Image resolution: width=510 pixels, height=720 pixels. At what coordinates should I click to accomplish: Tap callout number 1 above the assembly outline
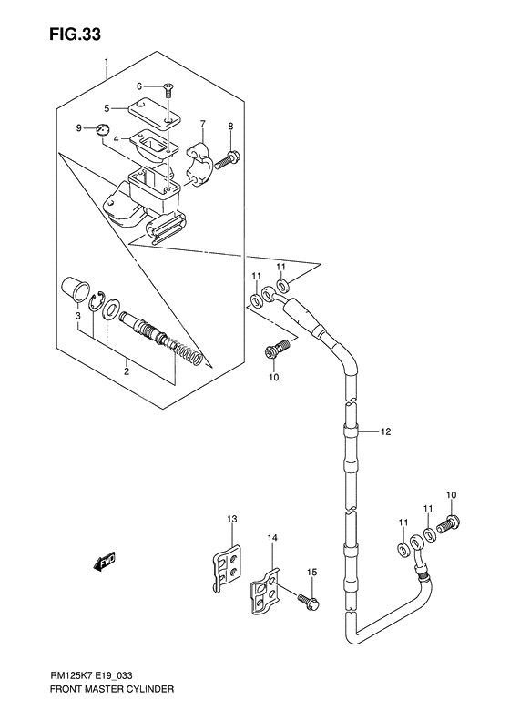click(107, 63)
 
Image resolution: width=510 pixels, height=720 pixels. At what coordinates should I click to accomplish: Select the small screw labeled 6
click(169, 89)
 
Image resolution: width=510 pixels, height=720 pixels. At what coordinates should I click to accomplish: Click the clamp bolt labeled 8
click(233, 158)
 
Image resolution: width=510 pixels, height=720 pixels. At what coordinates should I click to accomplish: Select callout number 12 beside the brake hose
click(385, 431)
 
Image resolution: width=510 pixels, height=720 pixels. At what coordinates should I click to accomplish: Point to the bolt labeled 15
click(308, 600)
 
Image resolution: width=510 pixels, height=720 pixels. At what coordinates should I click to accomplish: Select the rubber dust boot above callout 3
click(70, 293)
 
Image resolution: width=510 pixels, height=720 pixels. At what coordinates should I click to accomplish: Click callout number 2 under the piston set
click(127, 371)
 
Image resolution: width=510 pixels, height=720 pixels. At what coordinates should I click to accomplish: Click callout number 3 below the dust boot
click(78, 316)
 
